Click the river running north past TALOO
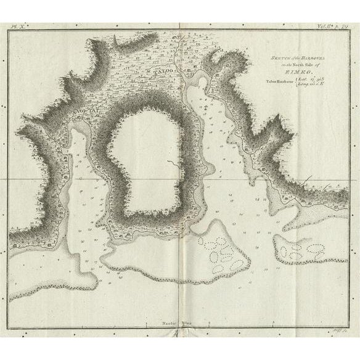click(x=176, y=59)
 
